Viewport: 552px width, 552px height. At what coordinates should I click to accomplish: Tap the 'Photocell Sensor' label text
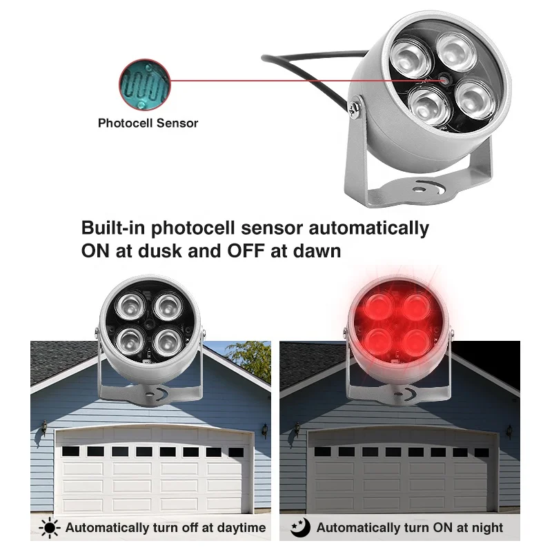tap(148, 124)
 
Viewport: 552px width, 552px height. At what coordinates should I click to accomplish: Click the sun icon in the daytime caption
tap(50, 528)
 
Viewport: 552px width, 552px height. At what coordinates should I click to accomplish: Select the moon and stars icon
tap(300, 528)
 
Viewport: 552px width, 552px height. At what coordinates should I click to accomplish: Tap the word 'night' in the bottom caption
tap(487, 528)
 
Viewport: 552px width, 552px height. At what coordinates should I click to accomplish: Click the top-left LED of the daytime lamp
tap(129, 306)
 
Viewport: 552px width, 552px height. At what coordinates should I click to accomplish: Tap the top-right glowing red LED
tap(417, 305)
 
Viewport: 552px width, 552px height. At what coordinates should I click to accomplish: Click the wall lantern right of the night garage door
tap(509, 431)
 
